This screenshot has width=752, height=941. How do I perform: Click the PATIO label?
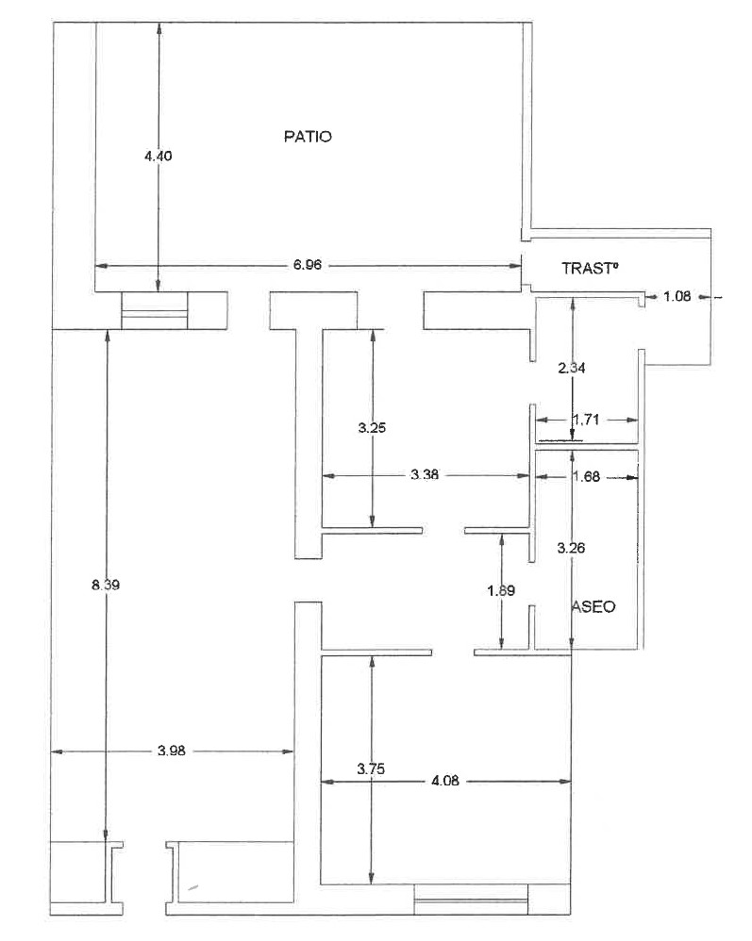pos(308,136)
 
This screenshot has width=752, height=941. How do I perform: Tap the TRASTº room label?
pos(590,269)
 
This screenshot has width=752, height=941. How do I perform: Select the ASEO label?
pos(594,606)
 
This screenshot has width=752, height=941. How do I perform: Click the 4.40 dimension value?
pos(158,156)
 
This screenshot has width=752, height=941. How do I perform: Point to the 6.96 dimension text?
pos(308,265)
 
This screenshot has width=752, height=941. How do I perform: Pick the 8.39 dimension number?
pos(106,585)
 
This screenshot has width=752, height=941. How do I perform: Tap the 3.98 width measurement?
pos(172,751)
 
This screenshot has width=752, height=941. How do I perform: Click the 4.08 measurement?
pos(445,780)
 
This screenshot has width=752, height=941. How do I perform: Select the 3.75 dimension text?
pos(371,768)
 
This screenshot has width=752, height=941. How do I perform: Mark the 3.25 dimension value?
pos(372,428)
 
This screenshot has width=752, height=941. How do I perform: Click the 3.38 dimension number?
pos(425,474)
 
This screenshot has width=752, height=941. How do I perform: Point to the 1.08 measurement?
pos(677,296)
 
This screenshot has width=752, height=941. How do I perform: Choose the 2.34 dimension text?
pos(572,368)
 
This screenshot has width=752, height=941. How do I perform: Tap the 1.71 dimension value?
pos(586,420)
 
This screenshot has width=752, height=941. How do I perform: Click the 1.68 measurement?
pos(586,476)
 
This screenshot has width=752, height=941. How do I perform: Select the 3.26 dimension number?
pos(571,548)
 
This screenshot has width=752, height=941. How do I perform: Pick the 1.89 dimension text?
pos(502,591)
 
